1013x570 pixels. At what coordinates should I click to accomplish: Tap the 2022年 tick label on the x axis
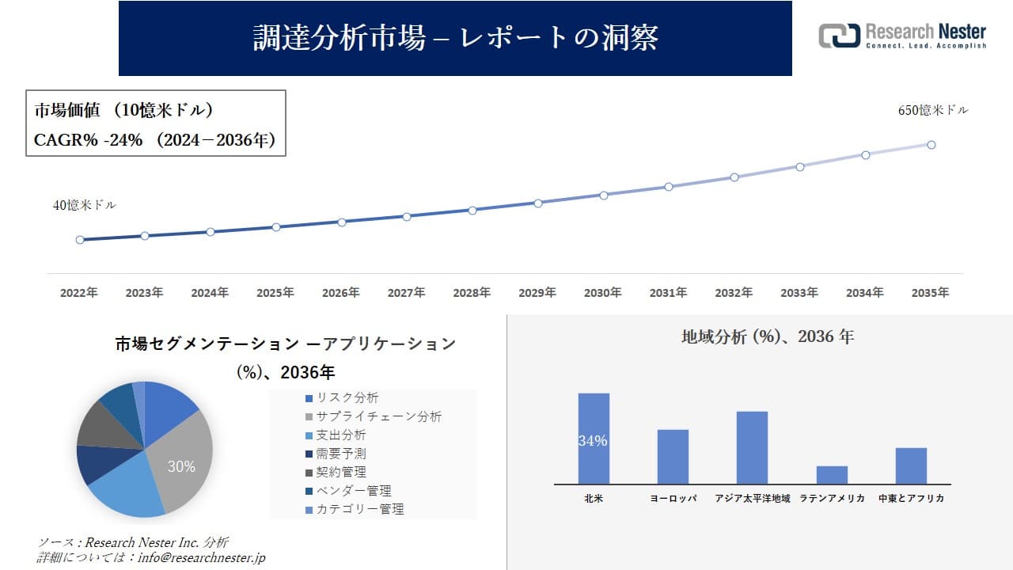pos(79,293)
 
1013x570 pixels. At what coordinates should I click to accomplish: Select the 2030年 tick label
pos(603,293)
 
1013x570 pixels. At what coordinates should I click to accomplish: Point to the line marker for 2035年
pos(931,145)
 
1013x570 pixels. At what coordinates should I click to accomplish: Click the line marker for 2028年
pos(472,211)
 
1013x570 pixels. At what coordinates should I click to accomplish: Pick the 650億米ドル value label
pos(933,111)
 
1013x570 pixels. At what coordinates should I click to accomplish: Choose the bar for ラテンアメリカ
pos(832,475)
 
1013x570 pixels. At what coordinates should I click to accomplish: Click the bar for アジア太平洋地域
pos(752,447)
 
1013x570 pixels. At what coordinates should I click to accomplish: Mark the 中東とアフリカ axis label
pos(911,499)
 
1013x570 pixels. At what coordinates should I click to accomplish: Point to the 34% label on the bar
pos(593,441)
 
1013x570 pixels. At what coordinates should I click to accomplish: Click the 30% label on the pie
pos(181,467)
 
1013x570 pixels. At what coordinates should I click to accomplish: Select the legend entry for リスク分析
pos(341,398)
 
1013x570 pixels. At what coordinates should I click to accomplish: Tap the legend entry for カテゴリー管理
pos(354,509)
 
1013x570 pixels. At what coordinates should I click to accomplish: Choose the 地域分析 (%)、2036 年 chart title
pos(768,336)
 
